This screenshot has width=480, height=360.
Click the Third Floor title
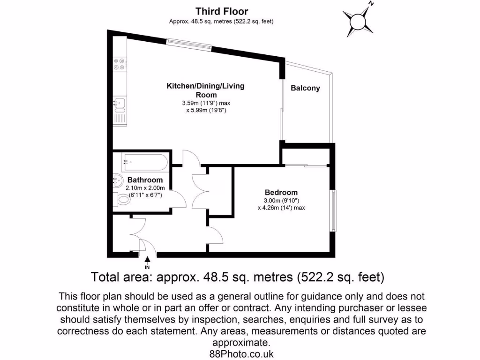tap(222, 11)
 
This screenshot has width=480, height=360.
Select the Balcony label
tap(305, 88)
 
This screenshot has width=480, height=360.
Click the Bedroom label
tap(281, 192)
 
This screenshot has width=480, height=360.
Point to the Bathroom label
tap(145, 180)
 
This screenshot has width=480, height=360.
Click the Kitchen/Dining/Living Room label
tap(206, 90)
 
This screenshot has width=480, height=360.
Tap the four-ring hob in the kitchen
tap(119, 64)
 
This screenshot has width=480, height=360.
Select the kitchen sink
tap(119, 102)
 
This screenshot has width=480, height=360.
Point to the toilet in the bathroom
tap(123, 200)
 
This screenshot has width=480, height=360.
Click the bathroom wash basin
tap(117, 180)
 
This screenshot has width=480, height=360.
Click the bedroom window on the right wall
tap(333, 210)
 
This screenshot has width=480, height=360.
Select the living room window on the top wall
tap(189, 43)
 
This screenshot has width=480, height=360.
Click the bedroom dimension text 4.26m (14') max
tap(281, 208)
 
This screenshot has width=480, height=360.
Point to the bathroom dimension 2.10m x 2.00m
tap(145, 187)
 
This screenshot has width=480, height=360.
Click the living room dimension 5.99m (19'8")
tap(206, 111)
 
